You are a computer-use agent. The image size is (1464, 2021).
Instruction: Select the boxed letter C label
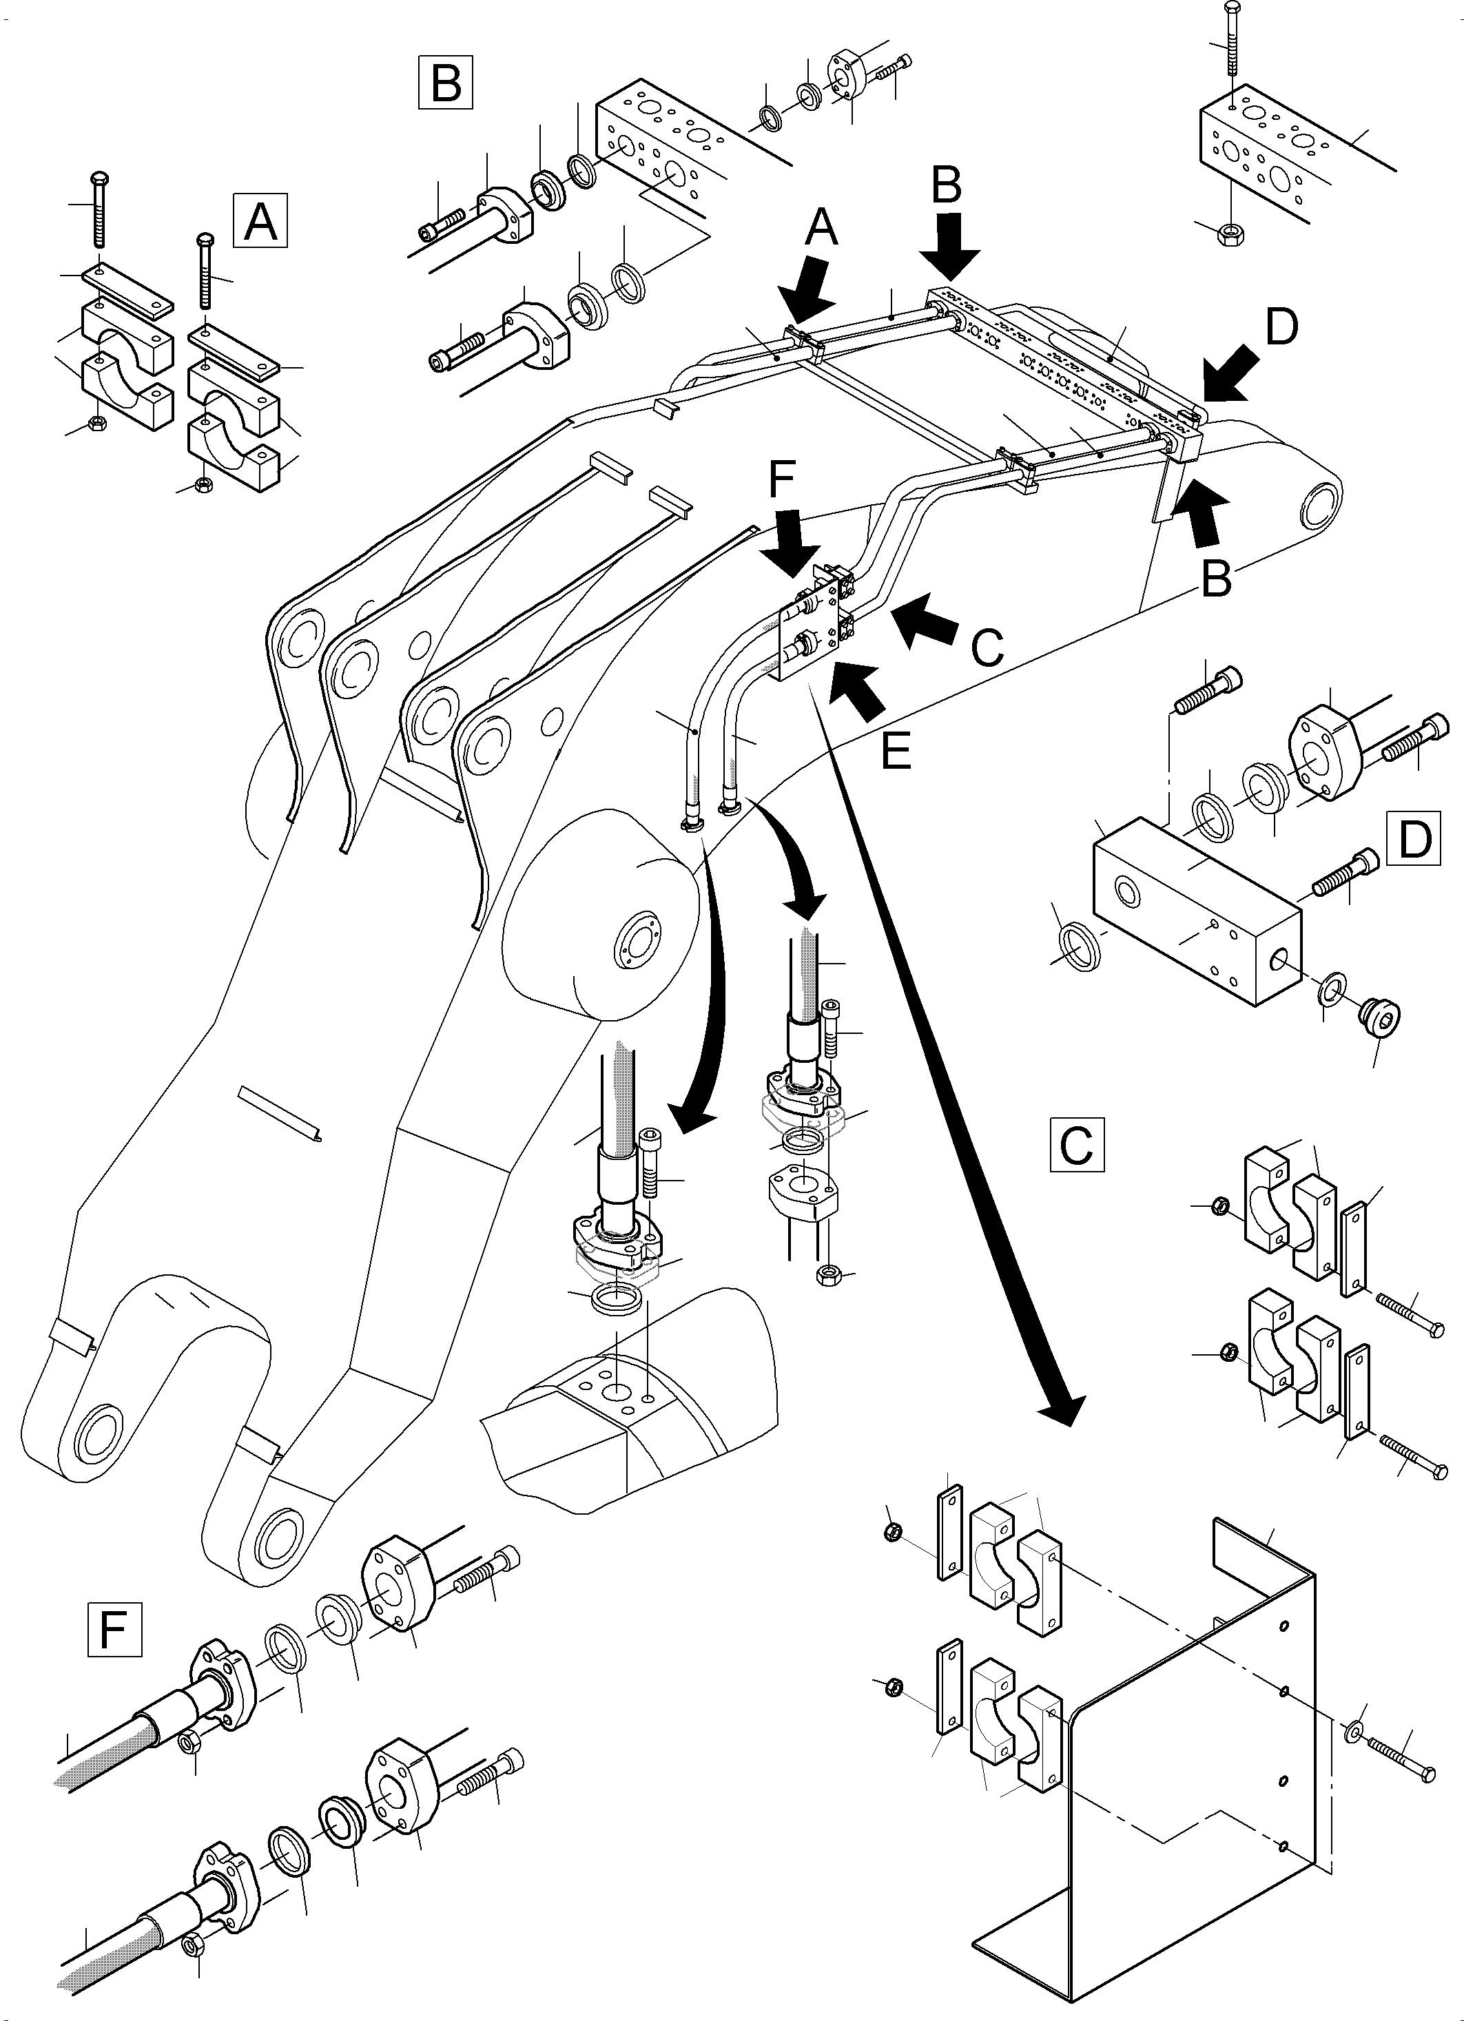click(1076, 1144)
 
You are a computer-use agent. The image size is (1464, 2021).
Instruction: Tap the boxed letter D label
click(1414, 838)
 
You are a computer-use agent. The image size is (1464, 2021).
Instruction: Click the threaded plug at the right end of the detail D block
click(1379, 1014)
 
